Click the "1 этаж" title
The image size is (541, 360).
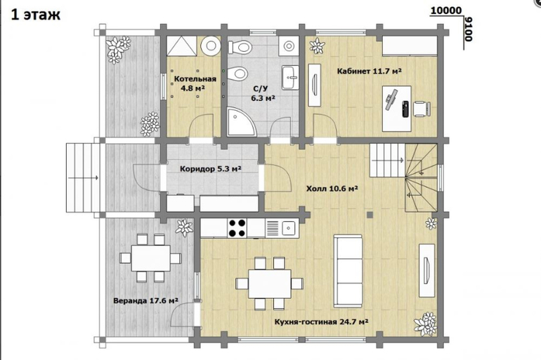click(x=36, y=15)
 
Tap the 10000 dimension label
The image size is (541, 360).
click(x=446, y=11)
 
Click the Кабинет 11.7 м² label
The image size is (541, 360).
click(x=369, y=72)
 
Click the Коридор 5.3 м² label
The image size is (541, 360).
click(x=211, y=169)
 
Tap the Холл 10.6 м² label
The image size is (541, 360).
click(x=332, y=189)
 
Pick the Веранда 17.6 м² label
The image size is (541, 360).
click(x=145, y=301)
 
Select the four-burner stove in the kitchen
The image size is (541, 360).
click(x=237, y=227)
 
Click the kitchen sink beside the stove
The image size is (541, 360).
click(x=287, y=227)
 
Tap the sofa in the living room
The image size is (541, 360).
click(x=348, y=271)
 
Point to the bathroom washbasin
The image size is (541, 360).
click(x=290, y=77)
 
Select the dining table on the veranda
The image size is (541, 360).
click(x=150, y=258)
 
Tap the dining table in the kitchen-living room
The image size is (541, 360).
click(x=270, y=284)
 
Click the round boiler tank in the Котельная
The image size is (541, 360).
click(x=210, y=46)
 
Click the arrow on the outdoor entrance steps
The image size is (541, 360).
click(x=84, y=178)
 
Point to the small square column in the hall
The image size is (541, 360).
click(x=370, y=215)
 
